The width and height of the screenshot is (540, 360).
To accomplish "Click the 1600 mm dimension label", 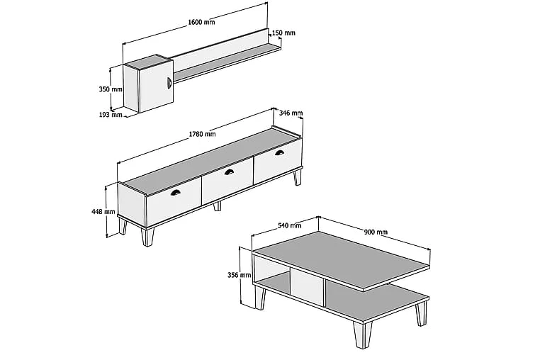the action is click(x=201, y=22).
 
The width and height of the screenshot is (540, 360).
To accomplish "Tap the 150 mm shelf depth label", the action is click(x=283, y=33).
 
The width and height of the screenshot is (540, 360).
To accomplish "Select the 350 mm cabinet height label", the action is click(x=111, y=89).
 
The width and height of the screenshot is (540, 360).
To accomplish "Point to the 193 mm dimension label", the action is click(x=111, y=115).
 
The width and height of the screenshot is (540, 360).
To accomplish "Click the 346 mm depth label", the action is click(x=291, y=113).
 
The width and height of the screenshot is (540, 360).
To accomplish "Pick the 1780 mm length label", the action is click(x=202, y=134).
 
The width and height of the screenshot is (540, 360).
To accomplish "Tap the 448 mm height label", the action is click(x=103, y=211).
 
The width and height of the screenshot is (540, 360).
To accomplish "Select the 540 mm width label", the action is click(x=290, y=225).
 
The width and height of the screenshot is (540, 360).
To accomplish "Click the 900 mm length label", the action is click(x=376, y=232).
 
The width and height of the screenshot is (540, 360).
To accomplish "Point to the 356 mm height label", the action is click(x=240, y=275).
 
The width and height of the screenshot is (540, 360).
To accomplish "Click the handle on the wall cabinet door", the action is click(x=169, y=84).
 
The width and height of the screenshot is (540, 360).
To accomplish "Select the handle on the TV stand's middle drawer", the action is click(x=229, y=172).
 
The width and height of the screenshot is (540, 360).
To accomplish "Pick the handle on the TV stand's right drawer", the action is click(x=280, y=152).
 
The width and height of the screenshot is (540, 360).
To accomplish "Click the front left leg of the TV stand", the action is click(x=147, y=237).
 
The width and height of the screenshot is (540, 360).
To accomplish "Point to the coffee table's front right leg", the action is click(x=362, y=334).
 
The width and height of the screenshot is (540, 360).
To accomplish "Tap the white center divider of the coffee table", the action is click(x=307, y=287).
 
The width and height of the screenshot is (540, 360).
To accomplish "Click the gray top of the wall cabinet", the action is click(x=147, y=60).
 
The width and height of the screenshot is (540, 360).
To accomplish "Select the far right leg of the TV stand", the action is click(x=297, y=177).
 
